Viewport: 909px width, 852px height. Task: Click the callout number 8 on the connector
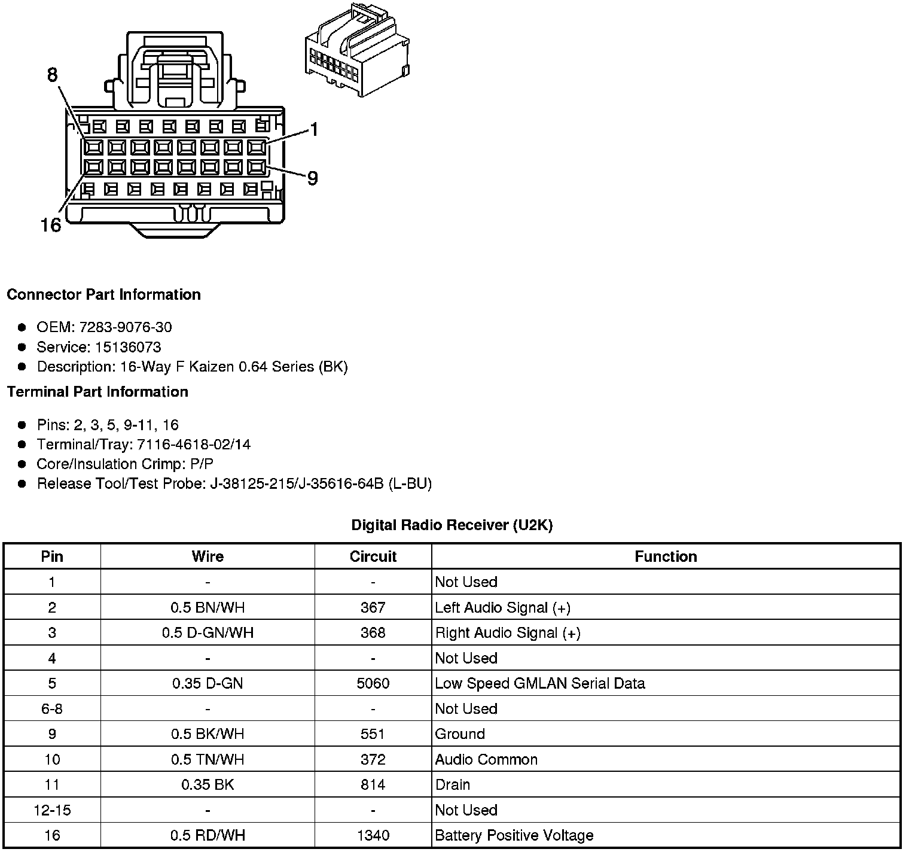point(53,75)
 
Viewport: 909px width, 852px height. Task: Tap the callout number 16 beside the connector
point(51,226)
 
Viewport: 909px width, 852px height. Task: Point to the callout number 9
point(312,178)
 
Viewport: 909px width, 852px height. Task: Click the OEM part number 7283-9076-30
point(125,327)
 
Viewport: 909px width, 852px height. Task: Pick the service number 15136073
point(128,347)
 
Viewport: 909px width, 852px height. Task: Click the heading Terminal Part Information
point(97,392)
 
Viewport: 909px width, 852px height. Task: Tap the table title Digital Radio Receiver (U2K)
point(452,525)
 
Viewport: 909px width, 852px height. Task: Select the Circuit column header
point(373,556)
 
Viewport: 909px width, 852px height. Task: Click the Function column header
point(666,556)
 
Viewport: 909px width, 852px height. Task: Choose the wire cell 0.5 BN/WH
point(208,608)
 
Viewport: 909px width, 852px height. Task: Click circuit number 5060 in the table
point(373,683)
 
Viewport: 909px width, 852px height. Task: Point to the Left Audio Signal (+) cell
point(503,608)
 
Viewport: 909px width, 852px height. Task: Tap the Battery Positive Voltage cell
point(514,835)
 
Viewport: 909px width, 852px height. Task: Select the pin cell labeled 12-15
point(52,810)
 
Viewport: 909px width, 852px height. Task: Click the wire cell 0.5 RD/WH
point(208,835)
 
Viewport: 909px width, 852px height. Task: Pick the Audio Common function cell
point(486,759)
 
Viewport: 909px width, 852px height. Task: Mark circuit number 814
point(373,784)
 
